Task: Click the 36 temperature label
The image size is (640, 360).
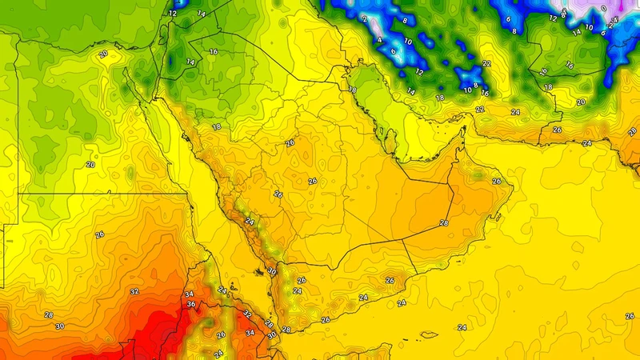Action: pos(191,305)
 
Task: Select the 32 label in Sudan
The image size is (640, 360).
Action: pos(134,292)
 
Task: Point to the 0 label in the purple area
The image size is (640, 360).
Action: pos(603,9)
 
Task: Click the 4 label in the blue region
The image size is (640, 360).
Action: pos(379,38)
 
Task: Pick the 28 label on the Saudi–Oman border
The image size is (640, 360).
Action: pos(444,223)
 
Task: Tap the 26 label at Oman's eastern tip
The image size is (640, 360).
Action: pos(497,181)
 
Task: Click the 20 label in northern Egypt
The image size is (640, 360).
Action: pos(102,54)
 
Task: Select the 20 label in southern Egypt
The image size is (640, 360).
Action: pos(90,164)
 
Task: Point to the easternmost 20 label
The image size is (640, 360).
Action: pos(581,102)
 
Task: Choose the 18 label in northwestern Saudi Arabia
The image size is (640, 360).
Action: pos(217,127)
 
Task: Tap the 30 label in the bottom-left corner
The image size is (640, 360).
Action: pos(59,326)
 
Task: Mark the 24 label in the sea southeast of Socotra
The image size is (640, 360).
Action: pos(462,327)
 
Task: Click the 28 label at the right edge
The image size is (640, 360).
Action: pos(632,131)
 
